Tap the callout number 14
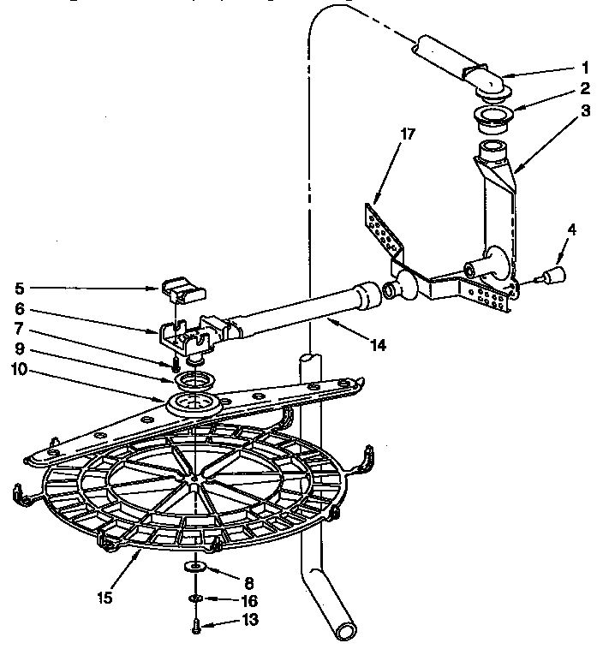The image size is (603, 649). tap(378, 346)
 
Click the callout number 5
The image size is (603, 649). tap(21, 289)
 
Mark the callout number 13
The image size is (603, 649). tap(248, 620)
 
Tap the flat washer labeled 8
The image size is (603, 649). tap(196, 567)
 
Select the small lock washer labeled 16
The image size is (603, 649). tap(196, 597)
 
